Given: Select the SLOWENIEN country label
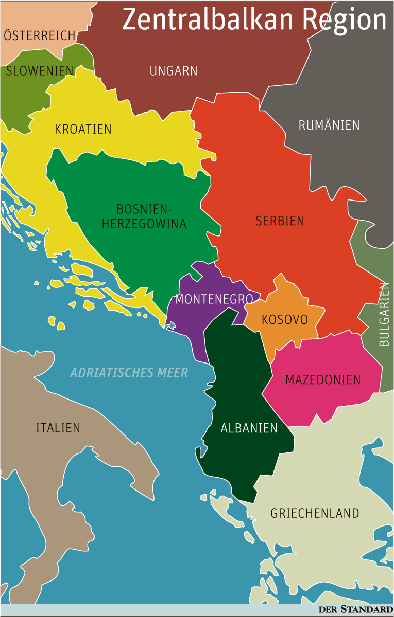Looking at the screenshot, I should click(40, 71).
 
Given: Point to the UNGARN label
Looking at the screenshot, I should click(174, 71).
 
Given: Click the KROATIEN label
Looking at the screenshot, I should click(83, 129).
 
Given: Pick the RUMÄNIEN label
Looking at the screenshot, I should click(329, 125).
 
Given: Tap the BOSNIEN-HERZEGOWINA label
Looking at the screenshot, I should click(144, 216).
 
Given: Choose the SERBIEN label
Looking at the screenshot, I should click(280, 221).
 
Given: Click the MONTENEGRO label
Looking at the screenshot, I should click(214, 299).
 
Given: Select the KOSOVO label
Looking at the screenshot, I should click(285, 320).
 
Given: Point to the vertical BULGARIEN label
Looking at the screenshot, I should click(384, 314).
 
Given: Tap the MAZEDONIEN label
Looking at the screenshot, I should click(323, 380).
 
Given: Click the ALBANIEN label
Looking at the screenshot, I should click(249, 428).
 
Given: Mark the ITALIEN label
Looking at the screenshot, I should click(58, 428).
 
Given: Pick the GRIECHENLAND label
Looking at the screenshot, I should click(315, 513).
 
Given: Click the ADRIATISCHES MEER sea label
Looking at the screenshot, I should click(129, 373).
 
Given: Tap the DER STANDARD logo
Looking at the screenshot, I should click(355, 610).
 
